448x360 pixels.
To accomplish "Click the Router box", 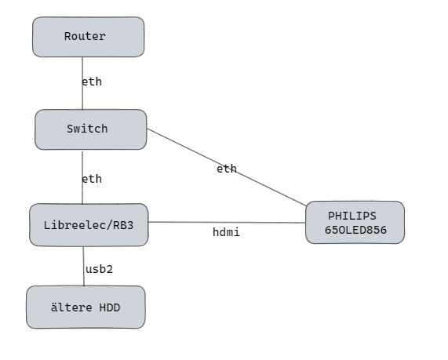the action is [x=89, y=37].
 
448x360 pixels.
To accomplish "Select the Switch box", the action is [x=91, y=129].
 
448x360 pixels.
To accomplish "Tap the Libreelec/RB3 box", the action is [x=89, y=225].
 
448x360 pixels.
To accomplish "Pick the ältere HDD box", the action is [x=86, y=307].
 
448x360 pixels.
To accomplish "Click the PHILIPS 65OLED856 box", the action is [x=355, y=222].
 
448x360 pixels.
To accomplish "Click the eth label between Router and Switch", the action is [x=92, y=82].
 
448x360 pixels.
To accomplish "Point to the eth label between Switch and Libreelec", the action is [x=92, y=179].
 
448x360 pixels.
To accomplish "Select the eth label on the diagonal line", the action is [x=227, y=169].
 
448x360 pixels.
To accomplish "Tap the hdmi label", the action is [x=226, y=232].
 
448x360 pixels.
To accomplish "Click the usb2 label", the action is [x=100, y=269].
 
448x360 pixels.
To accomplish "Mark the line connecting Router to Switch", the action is [x=82, y=83].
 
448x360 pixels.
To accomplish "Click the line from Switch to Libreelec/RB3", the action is [x=82, y=178].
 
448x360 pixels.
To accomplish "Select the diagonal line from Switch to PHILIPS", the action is [x=227, y=167].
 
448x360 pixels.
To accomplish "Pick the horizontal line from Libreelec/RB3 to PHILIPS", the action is [x=227, y=222].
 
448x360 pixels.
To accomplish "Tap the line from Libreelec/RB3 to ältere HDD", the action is [x=84, y=266].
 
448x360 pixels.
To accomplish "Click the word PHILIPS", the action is [x=352, y=216].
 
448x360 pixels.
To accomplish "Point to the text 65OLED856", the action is [x=355, y=230].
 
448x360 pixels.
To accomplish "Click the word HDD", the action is [x=110, y=307].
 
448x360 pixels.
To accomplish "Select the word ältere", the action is [x=71, y=307].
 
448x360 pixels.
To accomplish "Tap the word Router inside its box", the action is [x=86, y=36].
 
